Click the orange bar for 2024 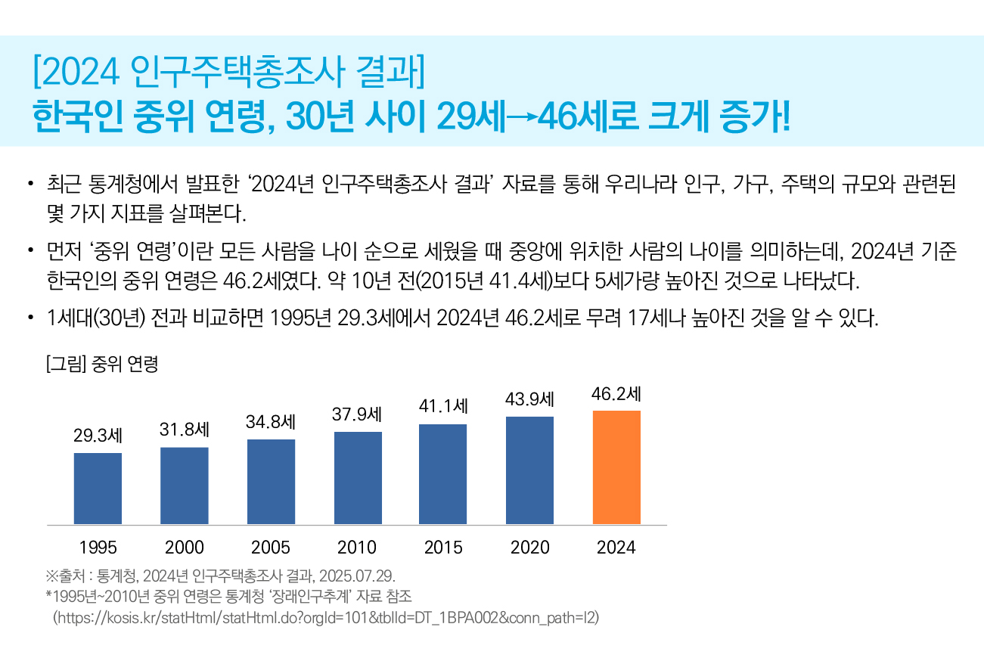[x=616, y=467]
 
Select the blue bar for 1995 [x=98, y=489]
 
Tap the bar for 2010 [x=358, y=478]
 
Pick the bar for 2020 [x=529, y=470]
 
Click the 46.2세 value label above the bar [x=616, y=394]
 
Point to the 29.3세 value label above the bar [x=98, y=436]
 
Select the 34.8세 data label [x=270, y=422]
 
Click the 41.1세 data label [x=442, y=406]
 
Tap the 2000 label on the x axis [x=185, y=548]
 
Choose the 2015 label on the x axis [x=442, y=548]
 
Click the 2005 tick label [x=271, y=548]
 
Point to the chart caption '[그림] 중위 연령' [x=102, y=364]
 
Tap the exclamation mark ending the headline [x=785, y=116]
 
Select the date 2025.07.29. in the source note [x=357, y=576]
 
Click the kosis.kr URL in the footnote [x=326, y=618]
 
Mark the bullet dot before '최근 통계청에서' [x=30, y=183]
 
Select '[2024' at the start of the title [x=76, y=71]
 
